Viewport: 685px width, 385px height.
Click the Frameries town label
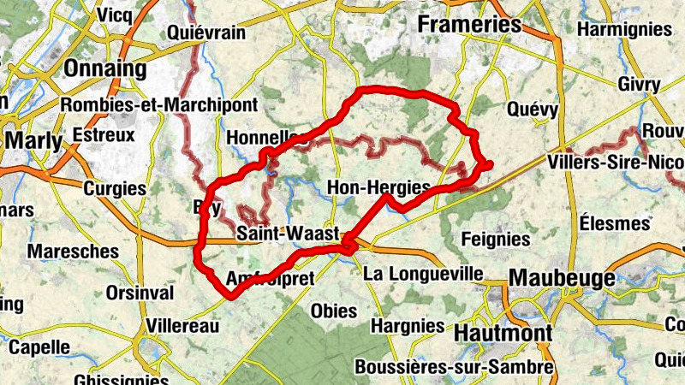coord(468,25)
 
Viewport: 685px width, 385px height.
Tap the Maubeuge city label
coord(562,278)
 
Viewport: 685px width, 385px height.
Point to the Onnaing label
coord(106,68)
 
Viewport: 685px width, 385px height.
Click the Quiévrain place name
coord(207,33)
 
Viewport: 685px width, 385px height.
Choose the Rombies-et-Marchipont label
coord(159,104)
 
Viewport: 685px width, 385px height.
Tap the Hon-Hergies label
coord(378,187)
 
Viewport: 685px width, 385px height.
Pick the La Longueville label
coord(423,274)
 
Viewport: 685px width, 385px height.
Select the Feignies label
coord(496,239)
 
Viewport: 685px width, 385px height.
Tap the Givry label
coord(639,85)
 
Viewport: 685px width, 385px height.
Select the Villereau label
coord(183,326)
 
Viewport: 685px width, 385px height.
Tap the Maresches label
coord(73,252)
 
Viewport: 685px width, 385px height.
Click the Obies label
coord(334,311)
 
